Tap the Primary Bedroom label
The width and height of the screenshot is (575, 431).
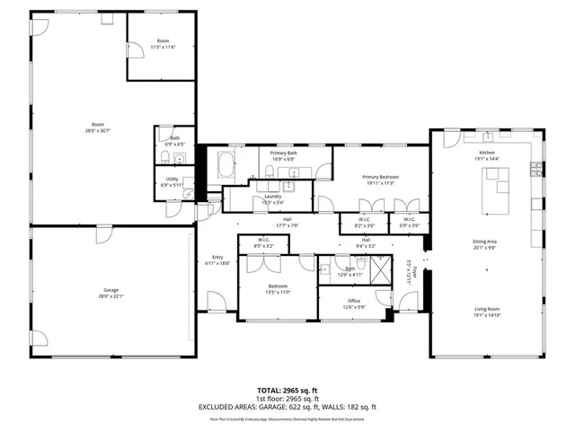tap(380, 178)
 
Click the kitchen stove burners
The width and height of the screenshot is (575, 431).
tap(537, 168)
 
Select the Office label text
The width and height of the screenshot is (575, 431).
tap(354, 301)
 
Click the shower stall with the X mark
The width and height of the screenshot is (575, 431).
tap(380, 268)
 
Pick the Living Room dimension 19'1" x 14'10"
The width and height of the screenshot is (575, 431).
tap(486, 316)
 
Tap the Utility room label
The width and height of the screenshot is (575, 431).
tap(172, 179)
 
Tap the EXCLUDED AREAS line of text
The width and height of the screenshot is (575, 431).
tap(287, 407)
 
